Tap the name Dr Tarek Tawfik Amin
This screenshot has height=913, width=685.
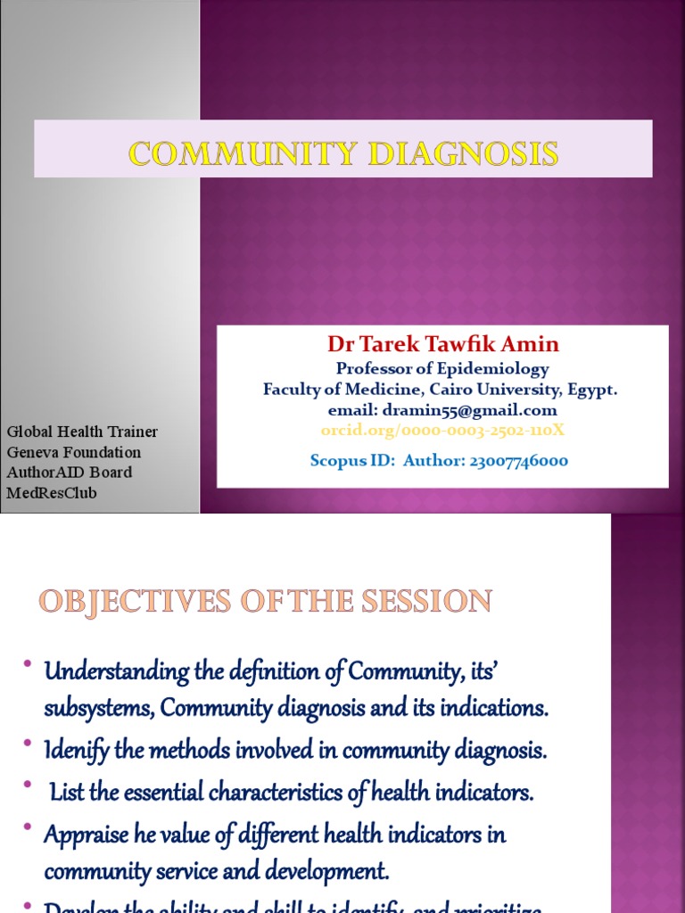coord(443,344)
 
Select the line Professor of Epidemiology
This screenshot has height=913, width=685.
coord(442,368)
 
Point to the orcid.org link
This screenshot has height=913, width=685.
coord(442,431)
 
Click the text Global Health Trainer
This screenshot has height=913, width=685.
coord(82,432)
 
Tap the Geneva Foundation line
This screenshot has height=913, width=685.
coord(74,452)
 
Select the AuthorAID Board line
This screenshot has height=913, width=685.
coord(70,472)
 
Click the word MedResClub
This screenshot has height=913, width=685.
coord(52,492)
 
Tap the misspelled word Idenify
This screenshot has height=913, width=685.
coord(76,751)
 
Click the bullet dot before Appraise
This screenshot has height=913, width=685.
coord(29,830)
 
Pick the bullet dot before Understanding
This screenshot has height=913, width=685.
coord(29,665)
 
